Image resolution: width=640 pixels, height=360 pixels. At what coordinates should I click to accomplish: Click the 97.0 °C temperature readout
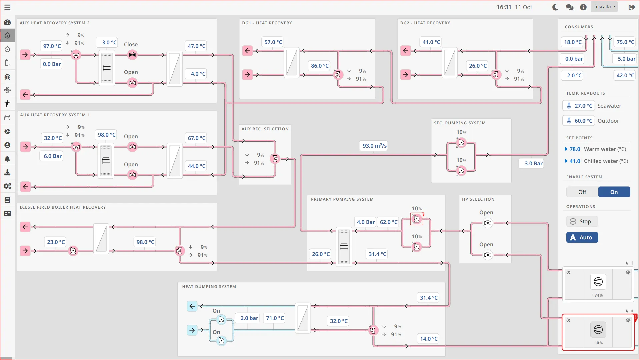point(52,46)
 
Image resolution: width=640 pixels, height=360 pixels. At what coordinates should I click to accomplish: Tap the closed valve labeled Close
point(132,55)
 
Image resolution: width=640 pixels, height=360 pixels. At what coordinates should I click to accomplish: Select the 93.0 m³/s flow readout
point(374,146)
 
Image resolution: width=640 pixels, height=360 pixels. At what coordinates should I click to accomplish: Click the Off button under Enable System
point(582,192)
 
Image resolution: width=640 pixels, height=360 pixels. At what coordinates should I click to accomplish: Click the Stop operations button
point(582,221)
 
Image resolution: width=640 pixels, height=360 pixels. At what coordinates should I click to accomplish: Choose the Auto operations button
point(582,237)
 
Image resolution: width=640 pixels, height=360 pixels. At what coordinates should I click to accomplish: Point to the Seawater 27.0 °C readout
point(579,106)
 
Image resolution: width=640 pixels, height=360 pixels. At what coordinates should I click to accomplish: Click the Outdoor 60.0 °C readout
point(579,121)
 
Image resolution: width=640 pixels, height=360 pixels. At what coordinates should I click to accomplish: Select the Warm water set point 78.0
point(574,149)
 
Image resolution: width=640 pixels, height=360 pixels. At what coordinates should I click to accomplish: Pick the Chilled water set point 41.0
point(574,161)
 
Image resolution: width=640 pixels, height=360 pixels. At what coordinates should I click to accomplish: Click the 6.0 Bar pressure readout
point(52,156)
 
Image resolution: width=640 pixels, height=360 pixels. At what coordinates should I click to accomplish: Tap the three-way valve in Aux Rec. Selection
point(275,159)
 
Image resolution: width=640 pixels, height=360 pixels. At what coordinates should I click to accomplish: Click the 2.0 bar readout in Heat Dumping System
point(249,318)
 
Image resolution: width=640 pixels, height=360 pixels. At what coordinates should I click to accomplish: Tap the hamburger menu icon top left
point(7,7)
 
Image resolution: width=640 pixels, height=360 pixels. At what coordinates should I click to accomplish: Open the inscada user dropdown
point(604,7)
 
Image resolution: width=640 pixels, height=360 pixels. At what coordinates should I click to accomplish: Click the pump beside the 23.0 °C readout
point(73,251)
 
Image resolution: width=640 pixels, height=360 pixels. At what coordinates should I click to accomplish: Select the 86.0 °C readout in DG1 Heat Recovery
point(319,66)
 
